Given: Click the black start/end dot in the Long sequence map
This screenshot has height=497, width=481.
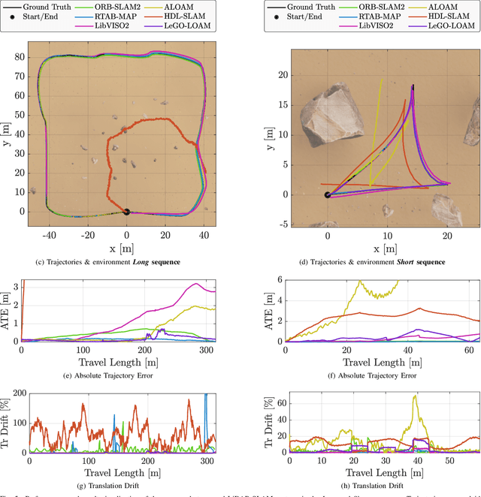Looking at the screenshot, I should [126, 212].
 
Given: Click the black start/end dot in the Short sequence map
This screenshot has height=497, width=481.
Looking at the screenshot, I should [327, 195].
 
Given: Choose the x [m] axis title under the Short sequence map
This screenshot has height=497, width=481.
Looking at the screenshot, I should [386, 248].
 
